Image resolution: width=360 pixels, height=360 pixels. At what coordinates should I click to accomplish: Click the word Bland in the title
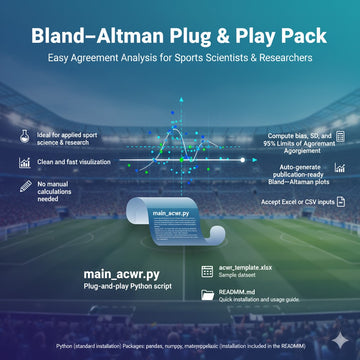(63, 35)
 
